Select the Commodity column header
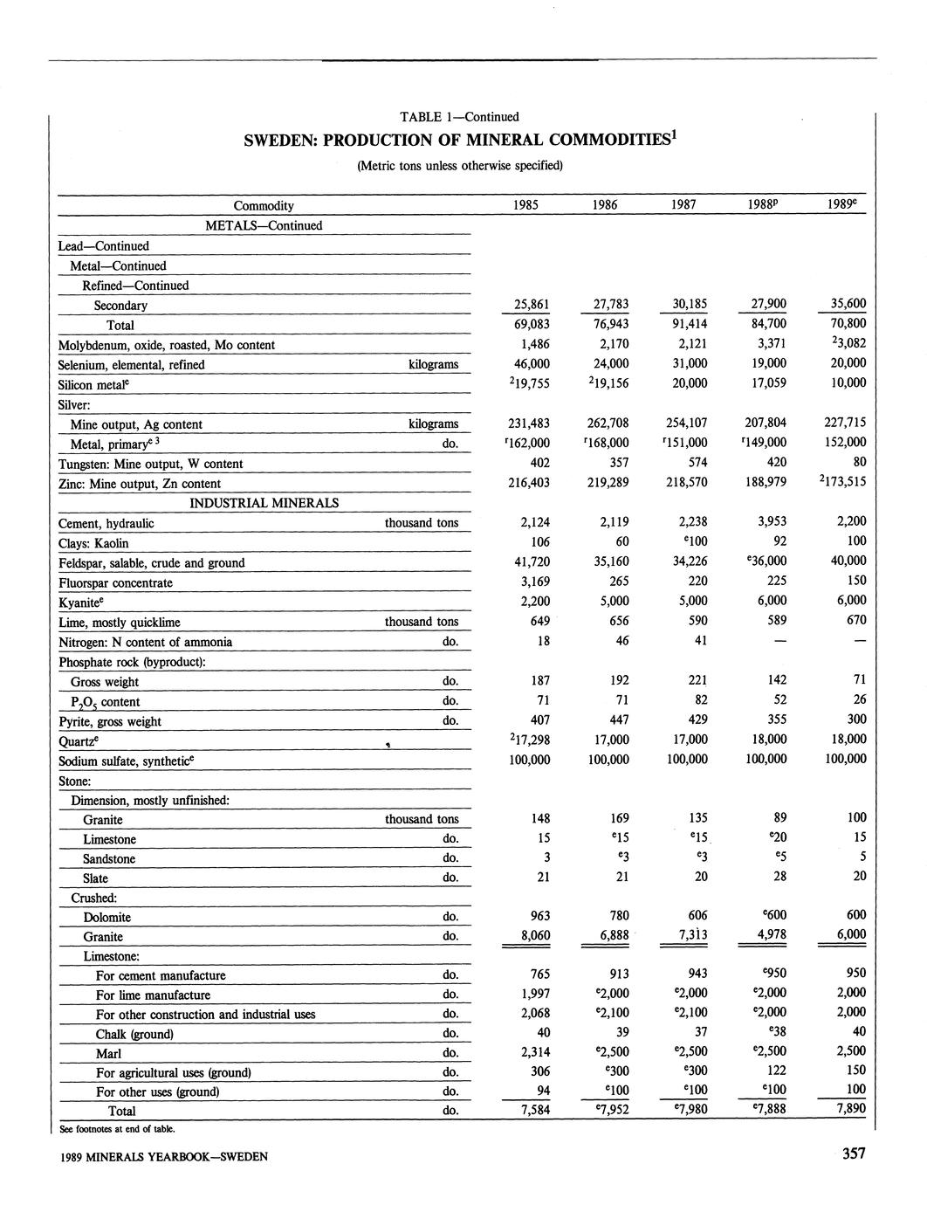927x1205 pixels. point(264,206)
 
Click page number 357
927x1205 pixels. point(853,1154)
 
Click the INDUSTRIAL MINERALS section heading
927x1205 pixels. point(264,503)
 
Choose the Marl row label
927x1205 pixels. point(108,1053)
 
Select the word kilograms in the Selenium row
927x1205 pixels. point(433,364)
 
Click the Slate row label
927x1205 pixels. point(95,878)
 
